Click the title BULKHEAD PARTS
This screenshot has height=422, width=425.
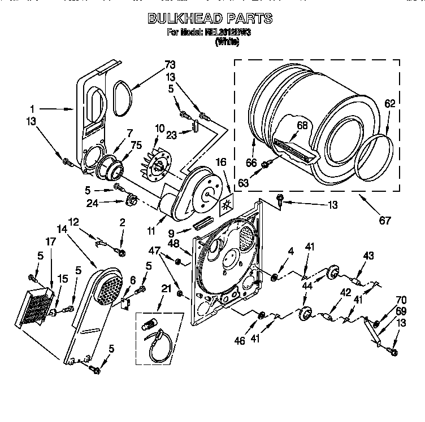click(210, 19)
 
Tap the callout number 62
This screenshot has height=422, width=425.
click(390, 104)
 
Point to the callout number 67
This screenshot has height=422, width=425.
click(384, 221)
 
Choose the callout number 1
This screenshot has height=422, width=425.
click(33, 108)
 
